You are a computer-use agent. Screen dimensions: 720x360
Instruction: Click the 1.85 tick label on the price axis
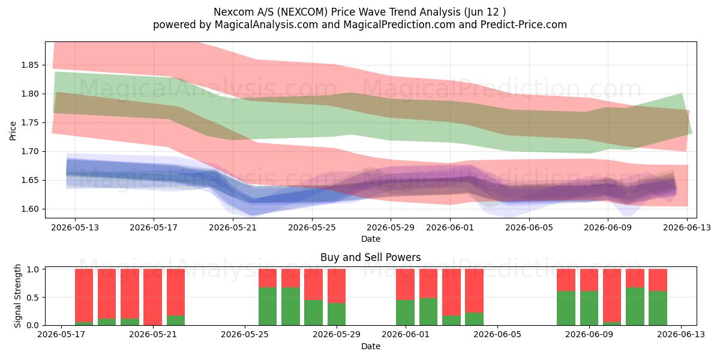[x=29, y=65]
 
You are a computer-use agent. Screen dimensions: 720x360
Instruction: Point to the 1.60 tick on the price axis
[x=29, y=209]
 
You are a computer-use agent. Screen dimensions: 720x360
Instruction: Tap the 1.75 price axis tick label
[x=29, y=123]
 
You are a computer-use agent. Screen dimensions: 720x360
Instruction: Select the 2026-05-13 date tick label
[x=75, y=227]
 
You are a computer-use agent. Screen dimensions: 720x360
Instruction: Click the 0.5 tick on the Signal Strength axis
[x=33, y=298]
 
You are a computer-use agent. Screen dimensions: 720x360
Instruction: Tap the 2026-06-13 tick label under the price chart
[x=687, y=227]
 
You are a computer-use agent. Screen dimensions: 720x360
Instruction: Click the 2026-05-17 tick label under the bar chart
[x=61, y=335]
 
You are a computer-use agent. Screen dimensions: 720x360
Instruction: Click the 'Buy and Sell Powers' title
[x=371, y=257]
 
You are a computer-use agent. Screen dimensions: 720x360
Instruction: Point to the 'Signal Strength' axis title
[x=17, y=296]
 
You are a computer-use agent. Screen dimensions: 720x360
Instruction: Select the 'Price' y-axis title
[x=13, y=131]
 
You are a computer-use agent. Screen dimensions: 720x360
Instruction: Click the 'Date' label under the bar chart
[x=371, y=346]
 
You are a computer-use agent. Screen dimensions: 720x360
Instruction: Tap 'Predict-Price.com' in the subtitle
[x=524, y=25]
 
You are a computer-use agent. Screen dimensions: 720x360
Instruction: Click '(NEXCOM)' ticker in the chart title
[x=302, y=12]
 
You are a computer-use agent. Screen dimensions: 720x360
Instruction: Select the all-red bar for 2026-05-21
[x=152, y=298]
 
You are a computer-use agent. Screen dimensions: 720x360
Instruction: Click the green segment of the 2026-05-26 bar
[x=268, y=307]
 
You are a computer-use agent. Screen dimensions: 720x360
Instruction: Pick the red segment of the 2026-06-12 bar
[x=658, y=280]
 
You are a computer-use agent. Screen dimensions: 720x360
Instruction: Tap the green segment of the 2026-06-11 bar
[x=635, y=307]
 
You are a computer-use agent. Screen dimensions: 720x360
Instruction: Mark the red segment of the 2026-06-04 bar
[x=474, y=291]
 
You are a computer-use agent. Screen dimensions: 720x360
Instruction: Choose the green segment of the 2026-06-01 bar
[x=405, y=313]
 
